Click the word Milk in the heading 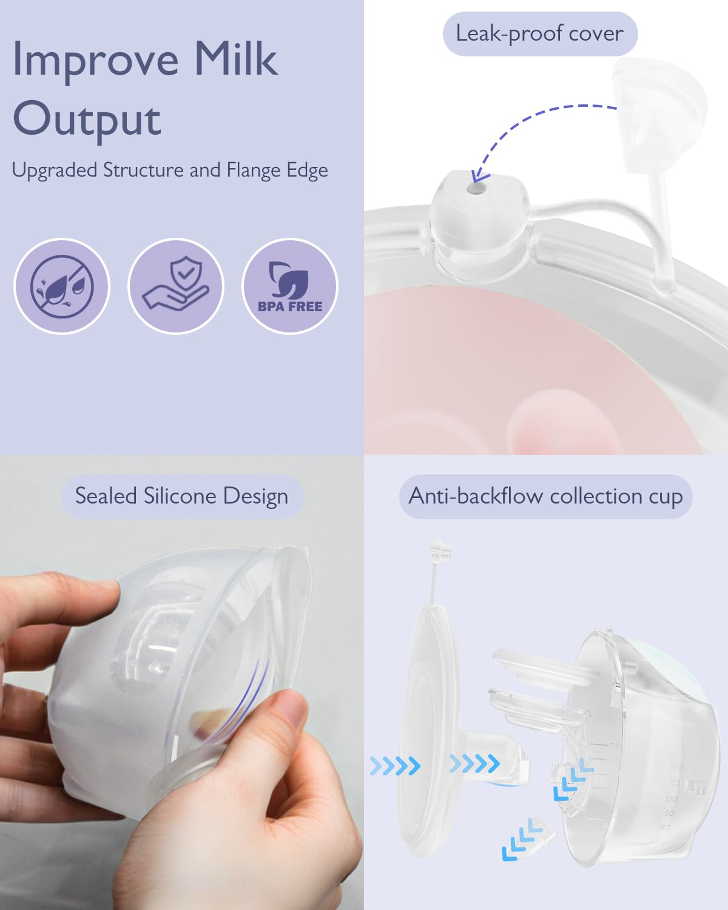pyautogui.click(x=235, y=59)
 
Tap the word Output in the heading pyautogui.click(x=87, y=119)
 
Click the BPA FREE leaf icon pyautogui.click(x=289, y=286)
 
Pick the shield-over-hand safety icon pyautogui.click(x=176, y=286)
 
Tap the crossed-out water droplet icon pyautogui.click(x=61, y=286)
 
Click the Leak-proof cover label pyautogui.click(x=539, y=33)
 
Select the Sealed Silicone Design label pyautogui.click(x=181, y=496)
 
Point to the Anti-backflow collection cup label pyautogui.click(x=545, y=496)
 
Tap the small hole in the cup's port pyautogui.click(x=476, y=189)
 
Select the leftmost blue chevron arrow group pyautogui.click(x=395, y=766)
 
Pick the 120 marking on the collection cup pyautogui.click(x=672, y=799)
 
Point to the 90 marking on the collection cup pyautogui.click(x=669, y=814)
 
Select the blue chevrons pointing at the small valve pyautogui.click(x=522, y=840)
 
